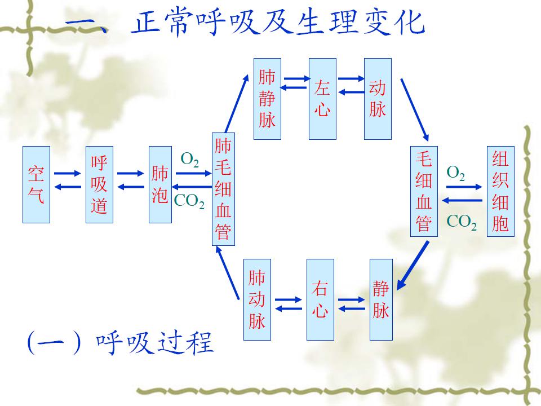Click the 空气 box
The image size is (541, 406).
coord(37,184)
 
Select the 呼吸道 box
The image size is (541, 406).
coord(99,184)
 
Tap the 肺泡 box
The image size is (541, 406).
coord(160,184)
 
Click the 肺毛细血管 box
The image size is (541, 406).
coord(223,189)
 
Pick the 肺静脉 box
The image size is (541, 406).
coord(267,99)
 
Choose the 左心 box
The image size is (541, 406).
coord(322,99)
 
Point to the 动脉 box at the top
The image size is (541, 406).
coord(378,99)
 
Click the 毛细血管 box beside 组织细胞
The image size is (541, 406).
coord(424,192)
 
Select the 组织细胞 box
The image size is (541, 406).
coord(500,192)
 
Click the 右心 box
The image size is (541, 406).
coord(320,299)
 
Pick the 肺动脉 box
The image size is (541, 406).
coord(257,299)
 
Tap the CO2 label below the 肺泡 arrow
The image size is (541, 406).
coord(189,201)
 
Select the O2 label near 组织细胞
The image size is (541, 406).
coord(456,173)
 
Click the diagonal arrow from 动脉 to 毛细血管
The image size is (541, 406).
coord(415,109)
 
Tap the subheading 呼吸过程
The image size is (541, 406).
coord(155,342)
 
